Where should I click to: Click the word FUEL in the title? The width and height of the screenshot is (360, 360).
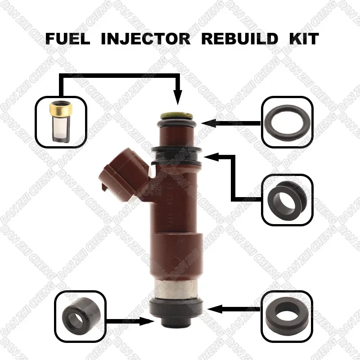coord(67,38)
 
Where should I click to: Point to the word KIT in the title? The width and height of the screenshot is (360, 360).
coord(304,38)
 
